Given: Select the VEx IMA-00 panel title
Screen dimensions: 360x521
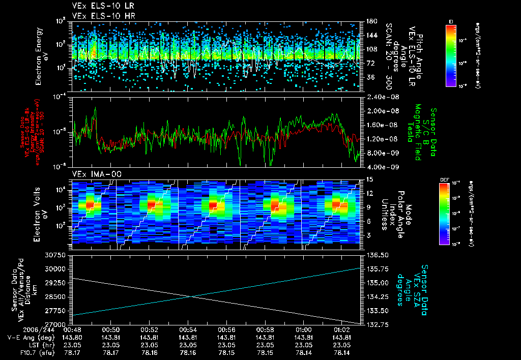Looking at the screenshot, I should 92,174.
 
